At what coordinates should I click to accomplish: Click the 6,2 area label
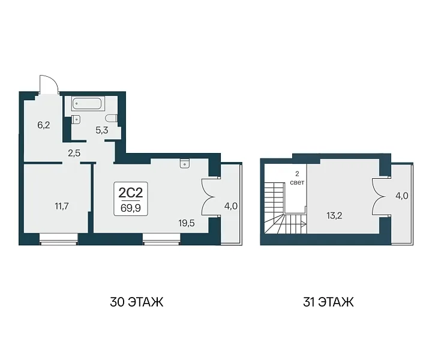(x=44, y=125)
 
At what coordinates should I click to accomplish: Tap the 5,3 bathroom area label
(x=101, y=130)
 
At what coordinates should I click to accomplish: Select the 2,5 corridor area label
(x=74, y=153)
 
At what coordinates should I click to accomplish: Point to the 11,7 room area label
(x=62, y=206)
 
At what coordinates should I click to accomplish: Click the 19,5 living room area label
(x=187, y=223)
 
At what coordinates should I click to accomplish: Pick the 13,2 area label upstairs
(x=334, y=215)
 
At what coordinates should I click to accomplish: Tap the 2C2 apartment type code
(x=131, y=193)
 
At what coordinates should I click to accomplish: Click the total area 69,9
(x=131, y=208)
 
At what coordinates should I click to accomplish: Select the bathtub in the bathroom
(x=86, y=104)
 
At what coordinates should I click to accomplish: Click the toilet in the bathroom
(x=112, y=118)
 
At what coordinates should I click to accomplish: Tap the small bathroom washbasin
(x=76, y=119)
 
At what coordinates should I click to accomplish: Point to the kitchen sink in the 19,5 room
(x=184, y=163)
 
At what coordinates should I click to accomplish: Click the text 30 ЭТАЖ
(x=137, y=302)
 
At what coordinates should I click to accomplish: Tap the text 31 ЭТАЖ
(x=328, y=302)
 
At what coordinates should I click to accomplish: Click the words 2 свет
(x=297, y=178)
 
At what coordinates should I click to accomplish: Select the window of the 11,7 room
(x=58, y=239)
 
